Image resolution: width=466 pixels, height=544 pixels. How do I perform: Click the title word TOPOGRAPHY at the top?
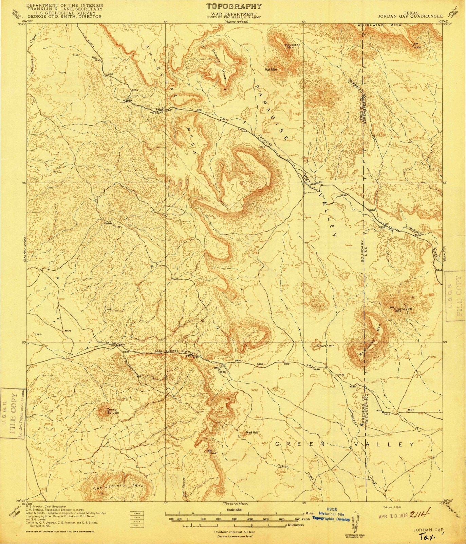234,6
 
